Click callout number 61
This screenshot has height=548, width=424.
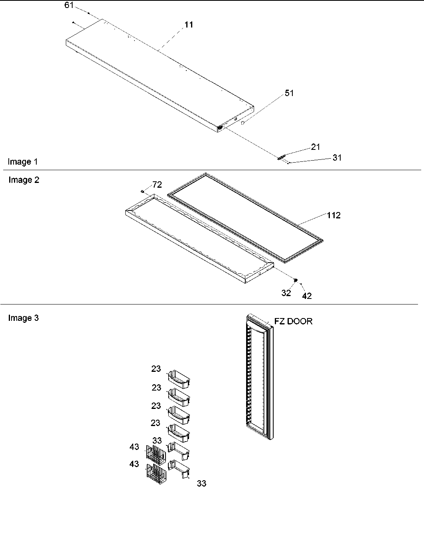69,5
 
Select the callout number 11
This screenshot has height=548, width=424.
189,25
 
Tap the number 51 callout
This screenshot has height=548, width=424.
289,93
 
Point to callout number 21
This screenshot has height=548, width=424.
316,147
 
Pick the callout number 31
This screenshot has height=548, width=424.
337,158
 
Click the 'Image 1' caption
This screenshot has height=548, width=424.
23,162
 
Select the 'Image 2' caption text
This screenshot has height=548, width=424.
24,180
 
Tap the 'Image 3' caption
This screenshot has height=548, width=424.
24,318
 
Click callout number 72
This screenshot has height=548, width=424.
157,185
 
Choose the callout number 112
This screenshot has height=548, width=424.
334,216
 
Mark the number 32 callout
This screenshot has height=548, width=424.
286,293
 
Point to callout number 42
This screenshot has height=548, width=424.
307,296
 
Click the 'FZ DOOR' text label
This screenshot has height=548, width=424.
293,321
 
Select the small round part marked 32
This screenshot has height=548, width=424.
296,281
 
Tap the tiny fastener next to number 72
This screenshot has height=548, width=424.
142,192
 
